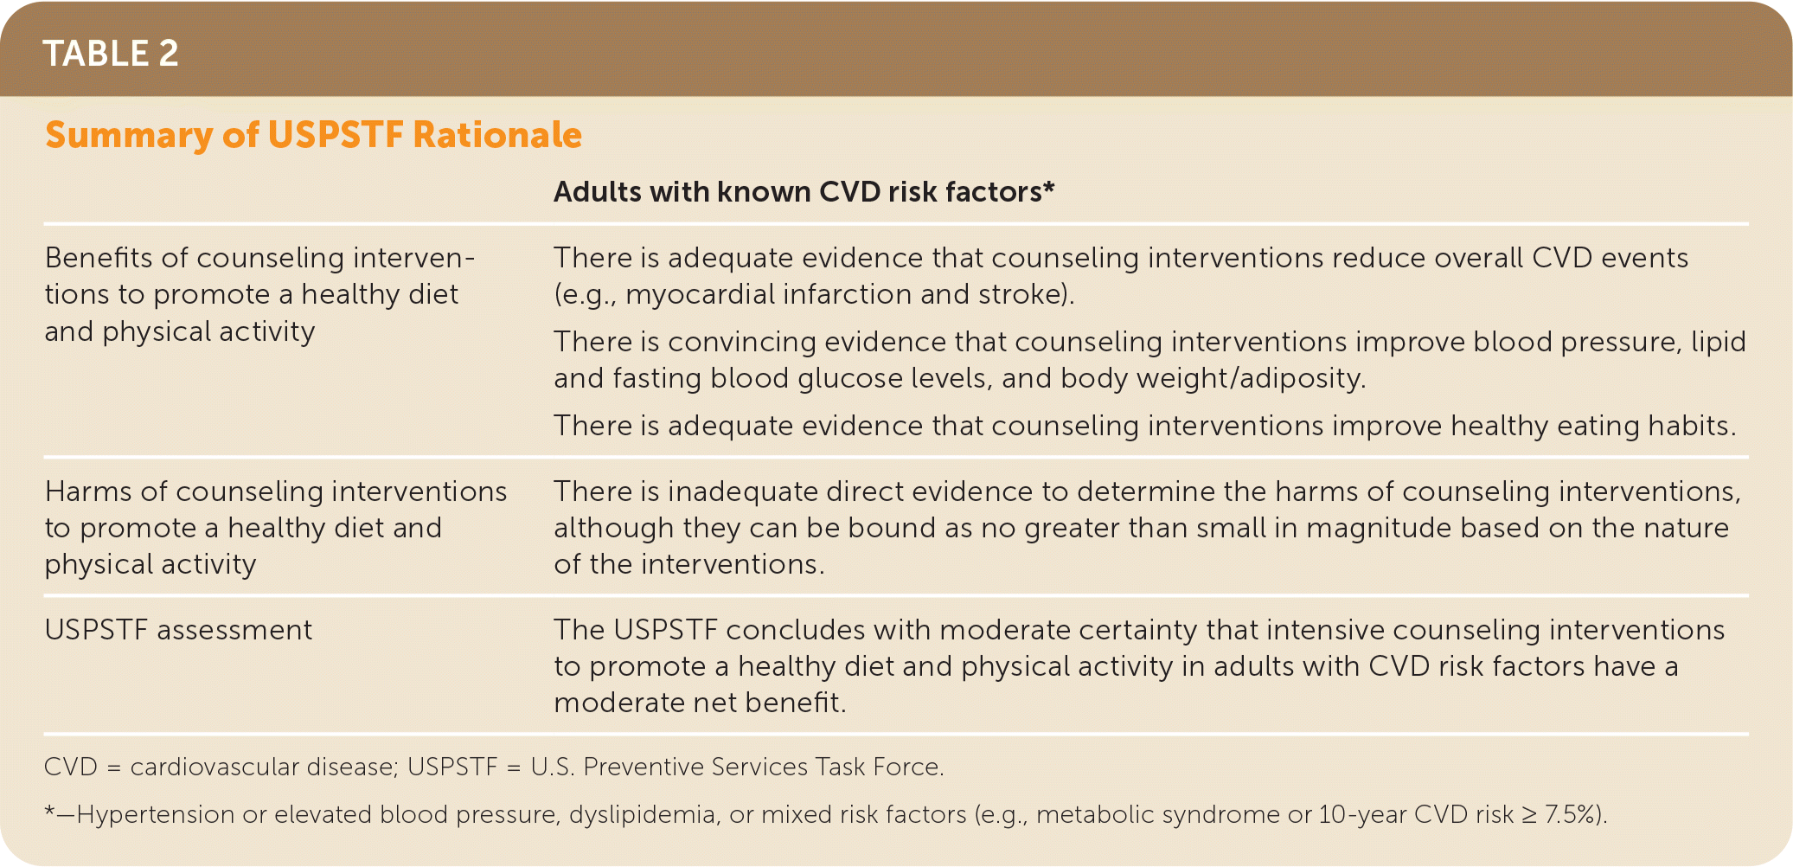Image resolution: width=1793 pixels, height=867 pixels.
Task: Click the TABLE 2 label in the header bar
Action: (x=111, y=54)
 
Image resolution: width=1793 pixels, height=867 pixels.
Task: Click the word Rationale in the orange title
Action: (x=497, y=135)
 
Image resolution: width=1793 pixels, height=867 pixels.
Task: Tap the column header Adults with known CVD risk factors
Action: (x=804, y=191)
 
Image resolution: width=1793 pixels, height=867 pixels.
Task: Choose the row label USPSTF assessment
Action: (x=178, y=630)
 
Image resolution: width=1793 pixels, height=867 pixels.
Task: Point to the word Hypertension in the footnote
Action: (x=155, y=815)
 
